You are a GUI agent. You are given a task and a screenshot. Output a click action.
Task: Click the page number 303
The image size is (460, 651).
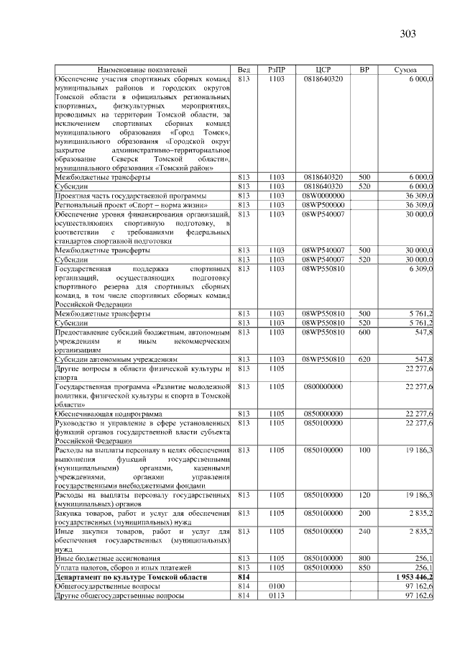tap(408, 33)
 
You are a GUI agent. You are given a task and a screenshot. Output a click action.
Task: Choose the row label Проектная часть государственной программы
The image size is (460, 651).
tap(131, 195)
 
